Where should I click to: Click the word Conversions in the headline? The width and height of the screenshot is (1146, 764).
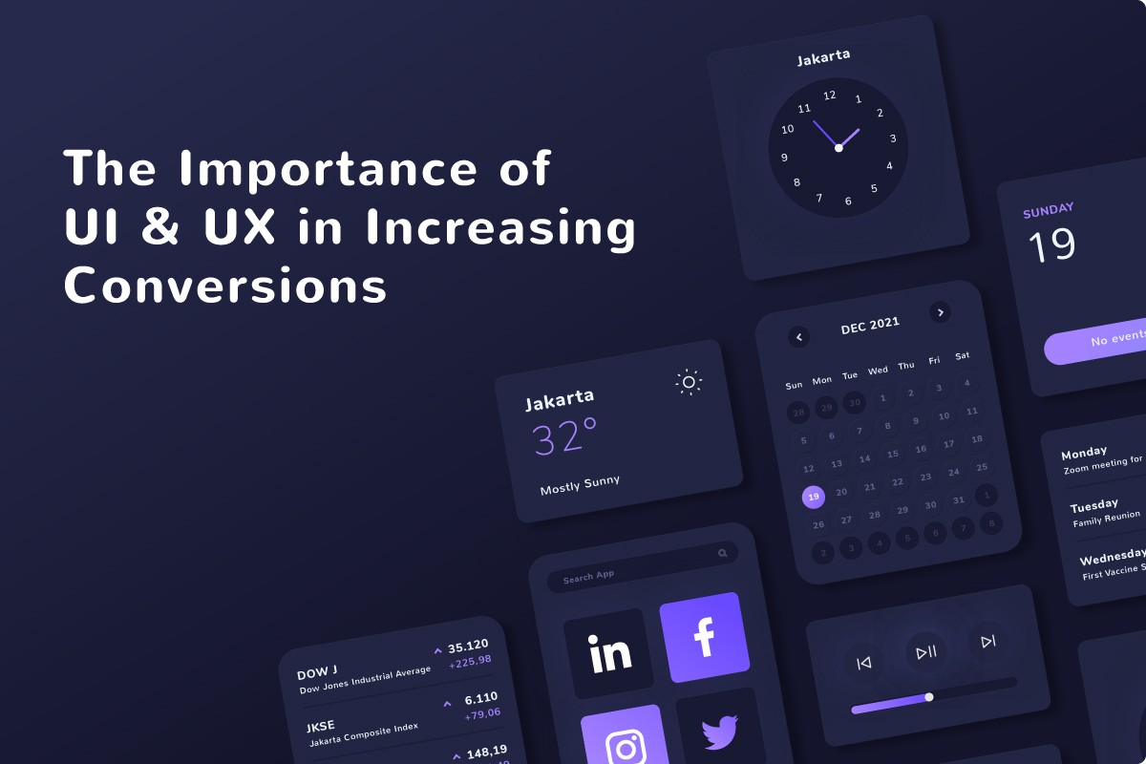click(x=225, y=286)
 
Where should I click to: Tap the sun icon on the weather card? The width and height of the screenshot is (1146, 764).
click(x=689, y=382)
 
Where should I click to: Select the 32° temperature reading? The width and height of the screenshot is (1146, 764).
click(x=564, y=437)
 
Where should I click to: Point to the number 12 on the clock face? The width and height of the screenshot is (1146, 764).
click(x=829, y=95)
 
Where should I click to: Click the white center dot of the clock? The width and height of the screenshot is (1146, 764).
click(x=838, y=148)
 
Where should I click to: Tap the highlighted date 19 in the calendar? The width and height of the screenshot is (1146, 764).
click(x=813, y=497)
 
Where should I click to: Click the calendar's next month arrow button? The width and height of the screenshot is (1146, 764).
click(x=941, y=311)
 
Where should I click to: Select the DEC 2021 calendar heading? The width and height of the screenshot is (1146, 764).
click(x=870, y=326)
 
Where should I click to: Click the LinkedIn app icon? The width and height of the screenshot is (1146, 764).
click(x=610, y=653)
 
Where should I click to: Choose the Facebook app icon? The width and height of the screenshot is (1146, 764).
click(x=704, y=637)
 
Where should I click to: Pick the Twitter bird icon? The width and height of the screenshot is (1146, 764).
click(x=720, y=732)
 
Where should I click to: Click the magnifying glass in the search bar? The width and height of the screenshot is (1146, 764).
click(x=723, y=553)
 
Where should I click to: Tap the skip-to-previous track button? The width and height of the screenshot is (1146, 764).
click(x=864, y=663)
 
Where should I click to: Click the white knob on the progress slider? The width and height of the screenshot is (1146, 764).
click(x=929, y=697)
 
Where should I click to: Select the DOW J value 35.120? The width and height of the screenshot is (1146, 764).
click(x=468, y=645)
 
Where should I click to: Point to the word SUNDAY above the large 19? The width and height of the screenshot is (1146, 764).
click(x=1049, y=208)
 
